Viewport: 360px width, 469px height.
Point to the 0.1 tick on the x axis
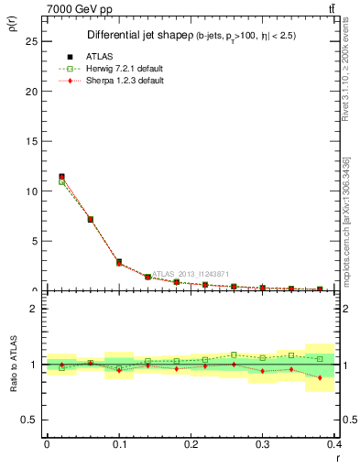coord(119,445)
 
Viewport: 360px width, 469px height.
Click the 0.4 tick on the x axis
coord(334,445)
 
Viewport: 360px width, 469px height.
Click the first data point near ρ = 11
coord(61,177)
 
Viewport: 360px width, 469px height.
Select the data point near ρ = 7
coord(90,219)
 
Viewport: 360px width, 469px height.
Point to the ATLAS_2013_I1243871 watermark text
coord(191,274)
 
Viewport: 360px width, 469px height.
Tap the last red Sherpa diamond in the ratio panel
coord(320,377)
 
